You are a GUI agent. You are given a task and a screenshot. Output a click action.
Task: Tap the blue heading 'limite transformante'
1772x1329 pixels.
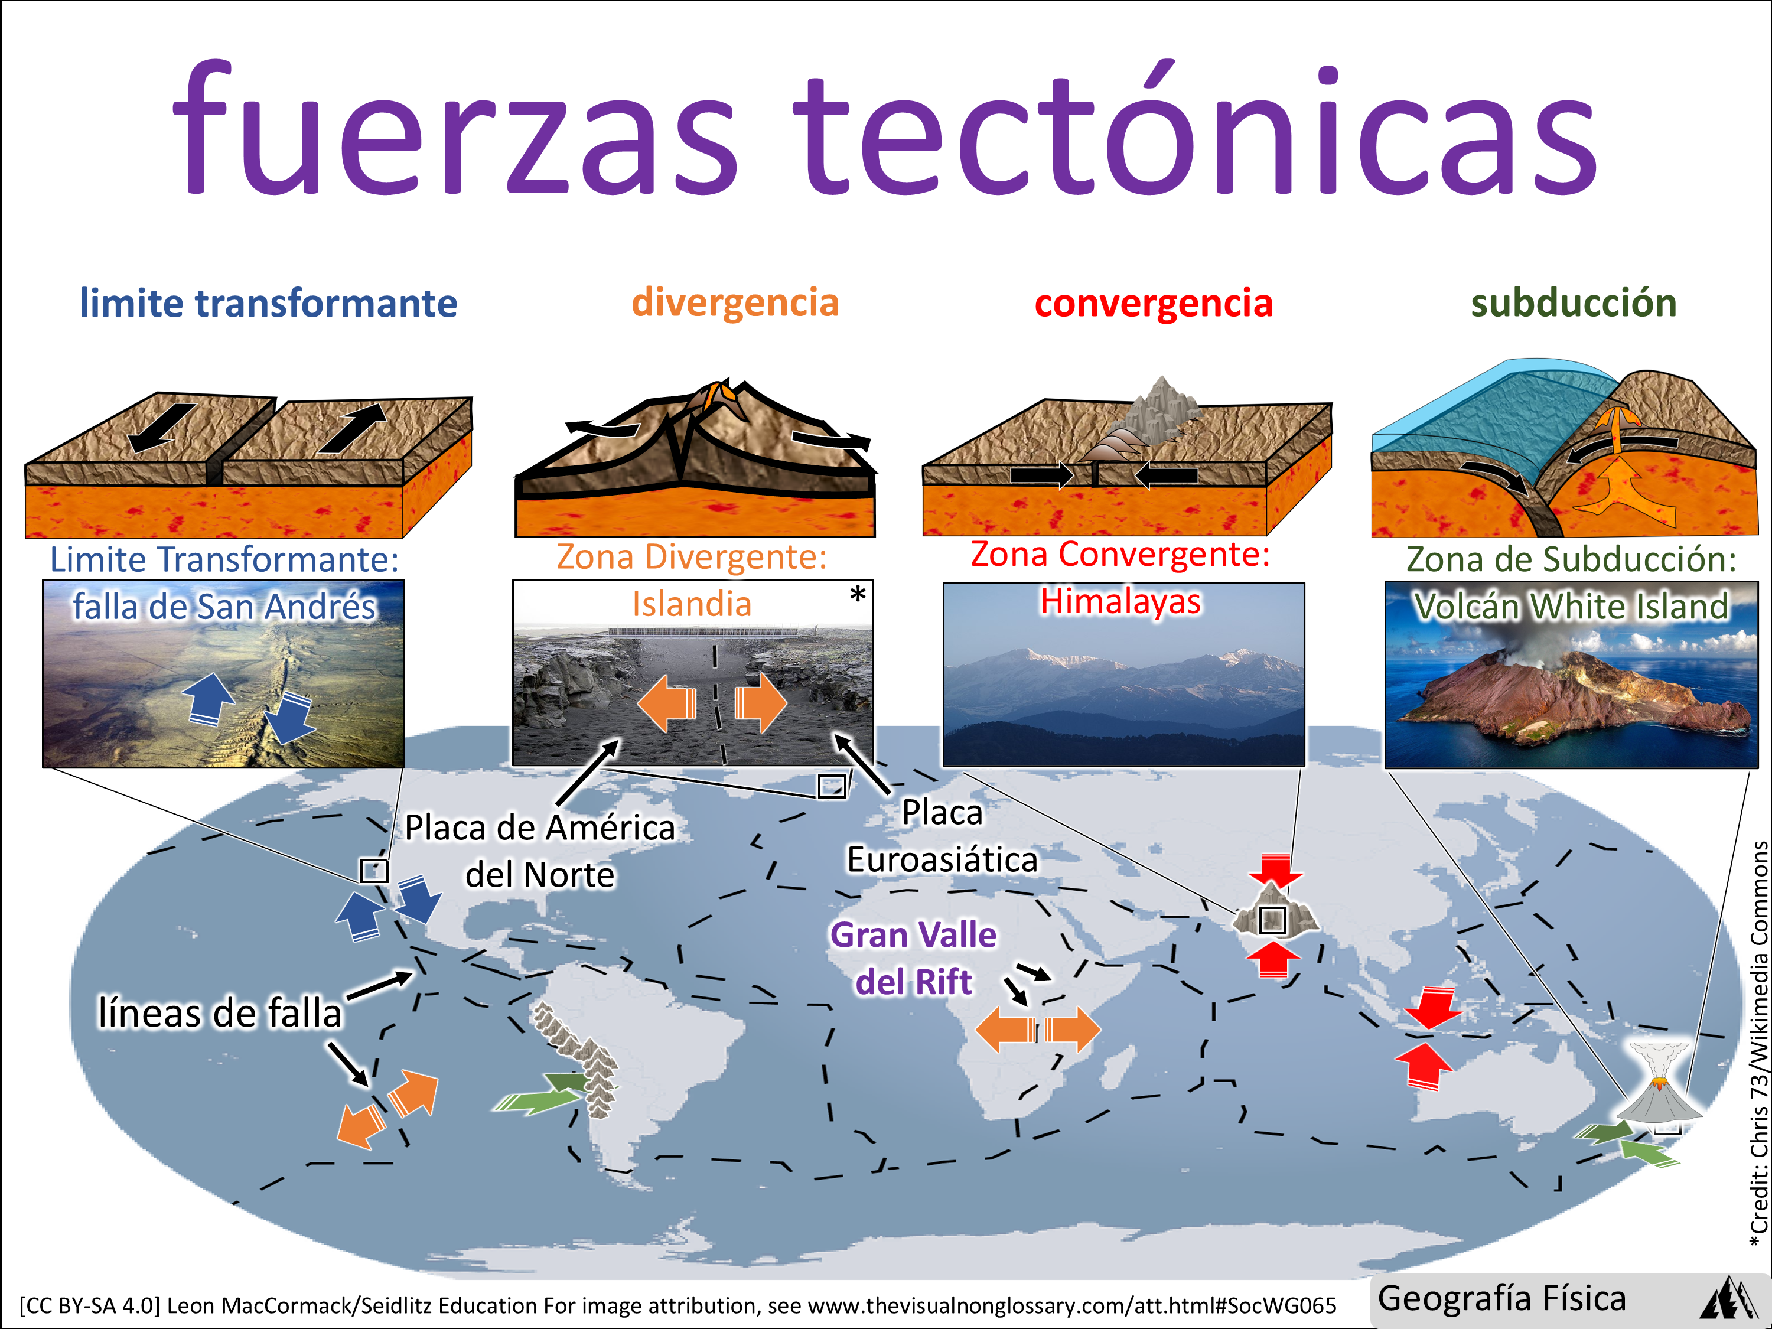(x=268, y=304)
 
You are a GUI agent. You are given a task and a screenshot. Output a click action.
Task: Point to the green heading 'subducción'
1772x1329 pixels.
(x=1574, y=304)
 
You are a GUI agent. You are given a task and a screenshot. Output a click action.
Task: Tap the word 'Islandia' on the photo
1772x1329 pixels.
(x=692, y=604)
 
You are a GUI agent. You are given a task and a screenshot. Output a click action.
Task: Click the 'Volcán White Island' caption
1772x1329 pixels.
(x=1571, y=607)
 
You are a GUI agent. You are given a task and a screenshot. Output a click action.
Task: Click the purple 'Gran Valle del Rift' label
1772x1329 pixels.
(x=914, y=958)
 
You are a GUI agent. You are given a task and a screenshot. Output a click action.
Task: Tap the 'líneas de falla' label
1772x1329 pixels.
(x=220, y=1012)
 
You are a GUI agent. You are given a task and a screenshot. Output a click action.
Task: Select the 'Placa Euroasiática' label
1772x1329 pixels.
(x=943, y=836)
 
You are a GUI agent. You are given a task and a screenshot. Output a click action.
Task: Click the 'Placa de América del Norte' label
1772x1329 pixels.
(x=540, y=851)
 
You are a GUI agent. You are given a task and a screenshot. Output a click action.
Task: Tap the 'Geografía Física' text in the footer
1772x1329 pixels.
(x=1502, y=1298)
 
